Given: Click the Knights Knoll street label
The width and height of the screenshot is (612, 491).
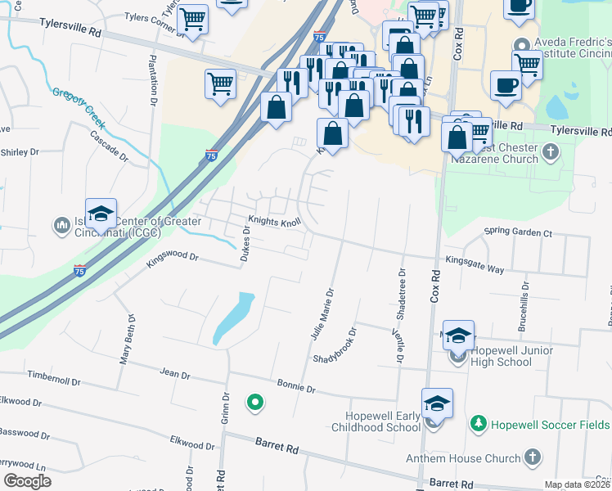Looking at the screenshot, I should pos(275,221).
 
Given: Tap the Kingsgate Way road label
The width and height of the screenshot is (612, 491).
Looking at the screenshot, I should pos(475,263).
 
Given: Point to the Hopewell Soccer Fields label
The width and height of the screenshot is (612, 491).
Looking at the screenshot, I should pos(549,424).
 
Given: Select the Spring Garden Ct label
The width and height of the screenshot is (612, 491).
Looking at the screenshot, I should pos(518,233).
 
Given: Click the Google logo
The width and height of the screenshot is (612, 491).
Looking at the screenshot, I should pos(27,481).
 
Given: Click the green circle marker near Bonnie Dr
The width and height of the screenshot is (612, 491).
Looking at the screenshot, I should pos(254,402).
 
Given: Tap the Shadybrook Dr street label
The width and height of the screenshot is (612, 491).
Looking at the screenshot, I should pos(335,347).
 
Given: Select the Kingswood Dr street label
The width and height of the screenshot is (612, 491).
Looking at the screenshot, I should pos(173,257).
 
